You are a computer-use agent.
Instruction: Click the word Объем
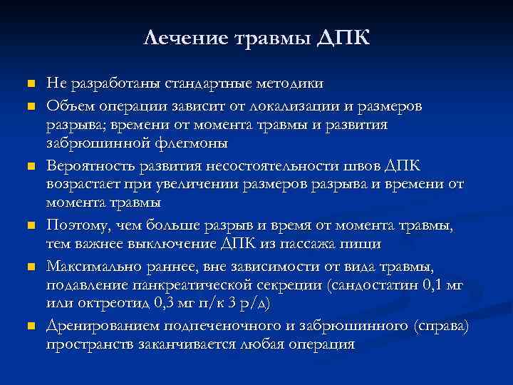coord(69,106)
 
